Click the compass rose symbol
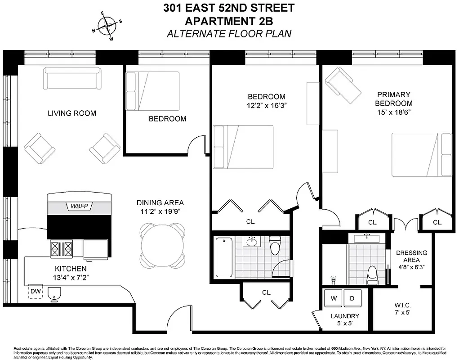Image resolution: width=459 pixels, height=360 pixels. tap(107, 26)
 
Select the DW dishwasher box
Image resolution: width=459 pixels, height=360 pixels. tap(35, 292)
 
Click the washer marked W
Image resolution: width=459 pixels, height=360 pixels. tap(334, 298)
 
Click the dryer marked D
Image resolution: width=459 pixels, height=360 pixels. tap(352, 298)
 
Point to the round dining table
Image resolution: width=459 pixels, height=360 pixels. tap(162, 244)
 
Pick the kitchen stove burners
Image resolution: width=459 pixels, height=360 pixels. tap(62, 249)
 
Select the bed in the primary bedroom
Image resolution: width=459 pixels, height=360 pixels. tap(421, 154)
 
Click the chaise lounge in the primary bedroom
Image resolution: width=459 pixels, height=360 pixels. tap(343, 85)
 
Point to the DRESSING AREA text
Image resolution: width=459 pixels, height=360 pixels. tap(411, 256)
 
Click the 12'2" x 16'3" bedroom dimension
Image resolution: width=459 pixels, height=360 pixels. tap(267, 106)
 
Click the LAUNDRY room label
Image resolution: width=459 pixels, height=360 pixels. tap(344, 316)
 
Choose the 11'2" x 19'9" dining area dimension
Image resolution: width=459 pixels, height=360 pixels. tap(160, 211)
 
